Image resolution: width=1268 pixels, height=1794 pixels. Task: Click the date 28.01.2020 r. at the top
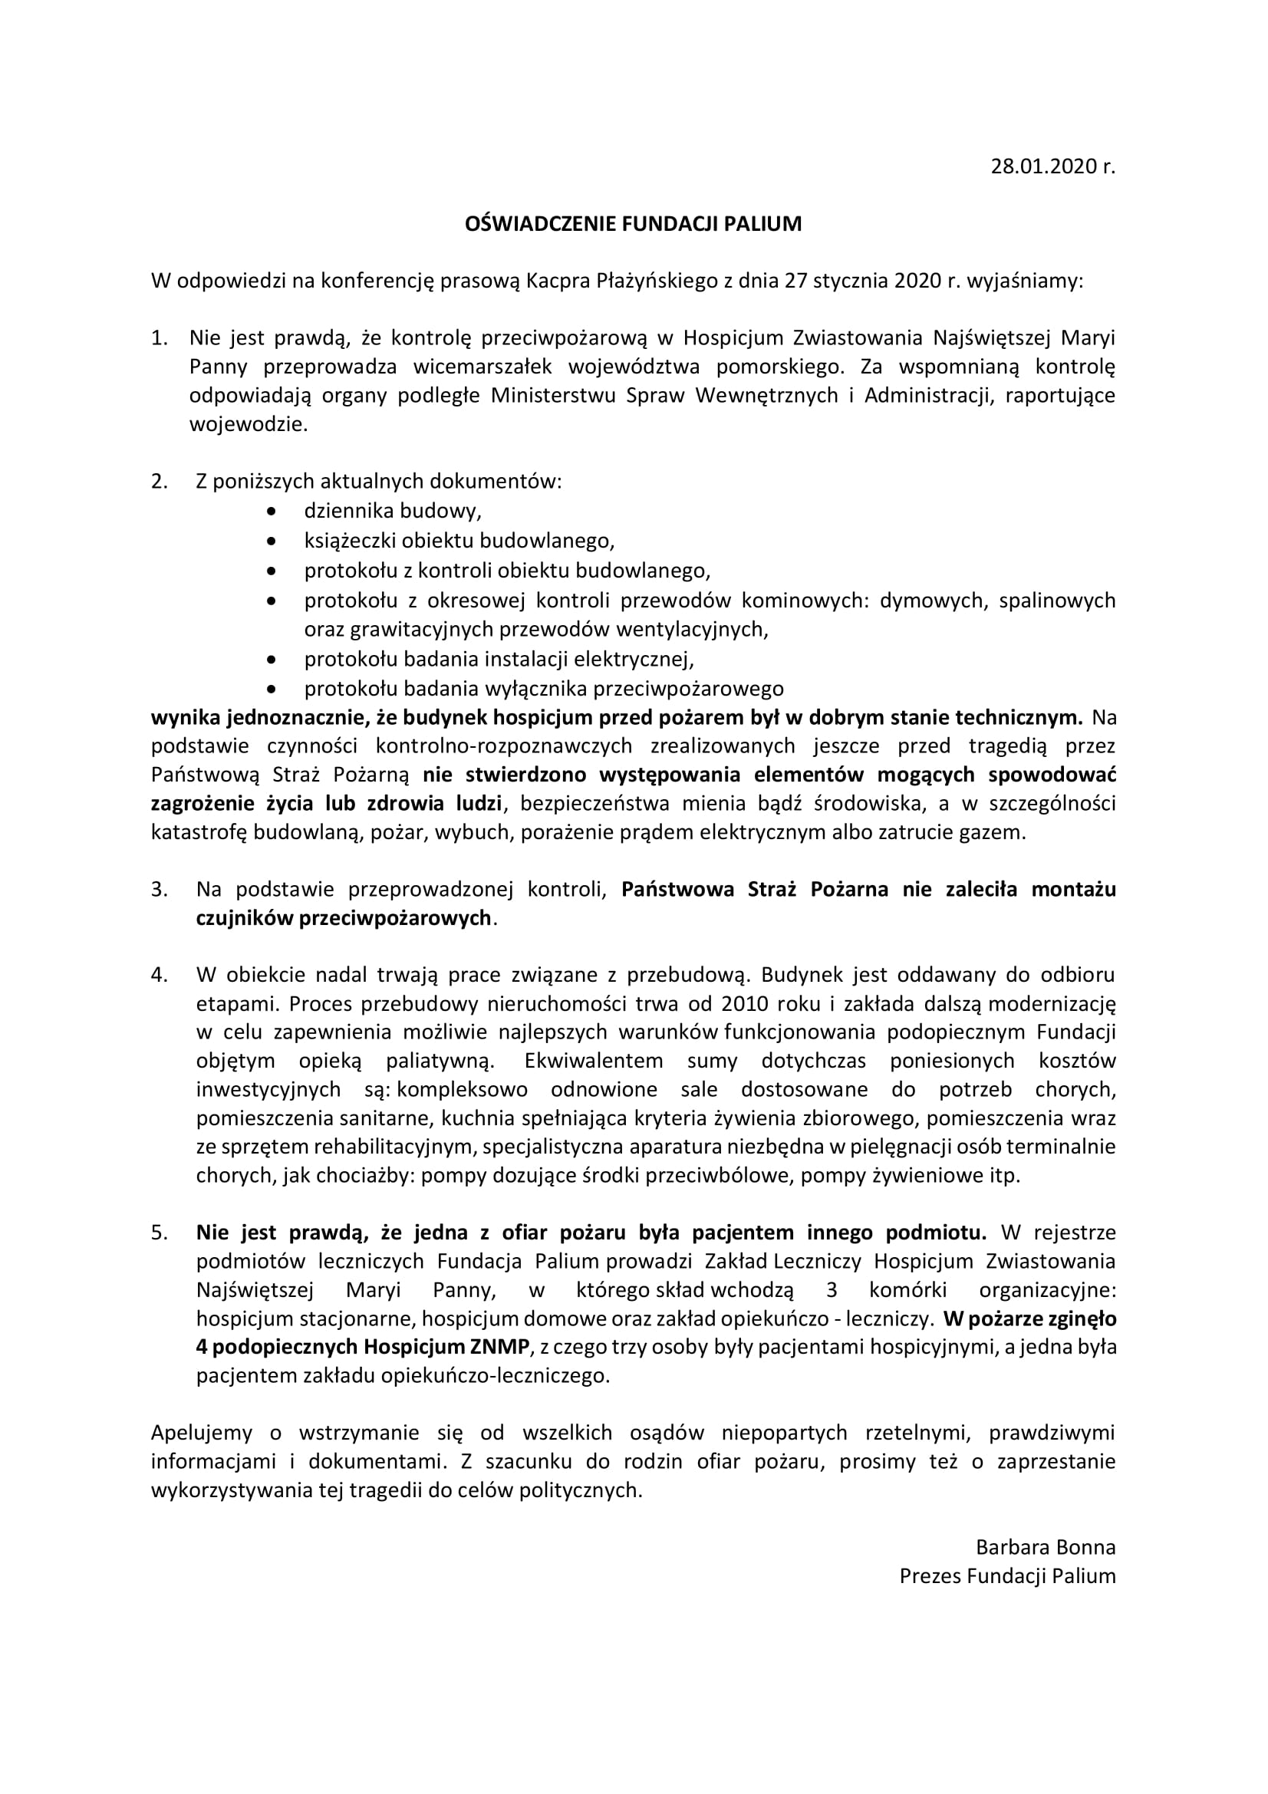[1052, 166]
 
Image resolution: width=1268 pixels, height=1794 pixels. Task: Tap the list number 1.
[160, 337]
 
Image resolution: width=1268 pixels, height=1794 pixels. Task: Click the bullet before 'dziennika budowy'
[271, 512]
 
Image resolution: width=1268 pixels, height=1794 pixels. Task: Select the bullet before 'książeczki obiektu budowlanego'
[271, 541]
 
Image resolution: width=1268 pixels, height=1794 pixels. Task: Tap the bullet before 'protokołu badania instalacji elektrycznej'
[271, 660]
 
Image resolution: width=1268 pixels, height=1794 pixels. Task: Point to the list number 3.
[160, 889]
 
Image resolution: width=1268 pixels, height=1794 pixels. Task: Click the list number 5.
[160, 1233]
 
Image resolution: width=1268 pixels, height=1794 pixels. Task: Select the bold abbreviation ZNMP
[497, 1347]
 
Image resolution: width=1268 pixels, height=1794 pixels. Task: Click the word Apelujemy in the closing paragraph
[202, 1433]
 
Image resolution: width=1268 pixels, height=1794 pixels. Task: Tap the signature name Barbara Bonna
[1046, 1548]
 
